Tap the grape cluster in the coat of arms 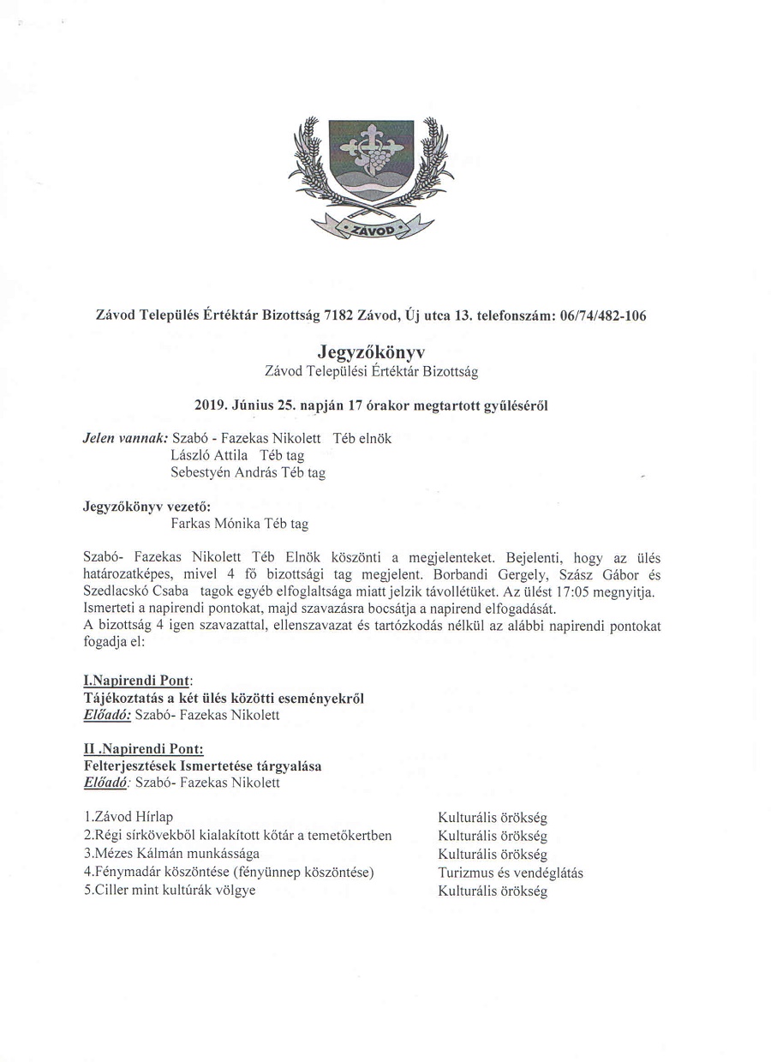378,158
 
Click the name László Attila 210,455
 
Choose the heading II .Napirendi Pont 142,748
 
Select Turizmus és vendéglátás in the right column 510,873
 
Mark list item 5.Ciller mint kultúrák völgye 170,891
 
